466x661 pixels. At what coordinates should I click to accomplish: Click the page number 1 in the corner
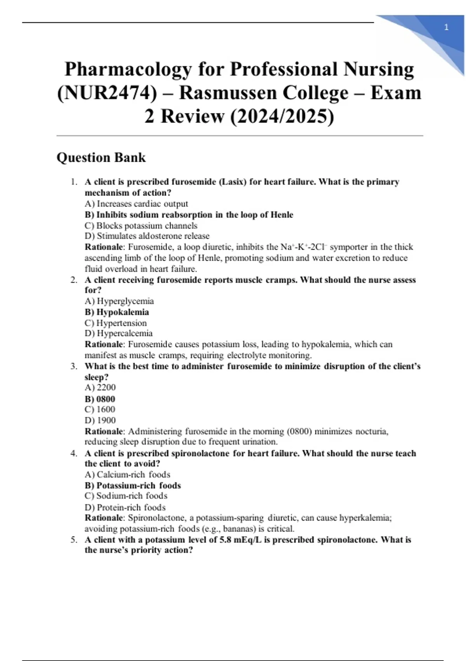tap(446, 27)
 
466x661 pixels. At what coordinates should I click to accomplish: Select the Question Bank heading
tap(101, 157)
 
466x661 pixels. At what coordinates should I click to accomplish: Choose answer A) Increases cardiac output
tap(136, 204)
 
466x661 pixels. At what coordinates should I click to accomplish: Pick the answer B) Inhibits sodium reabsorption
tap(189, 215)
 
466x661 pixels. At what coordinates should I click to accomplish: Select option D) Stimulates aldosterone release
tap(147, 236)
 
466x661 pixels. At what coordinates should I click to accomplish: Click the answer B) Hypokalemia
tap(116, 312)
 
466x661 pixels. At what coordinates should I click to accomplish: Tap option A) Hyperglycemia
tap(119, 301)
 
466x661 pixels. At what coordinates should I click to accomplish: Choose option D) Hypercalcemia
tap(118, 333)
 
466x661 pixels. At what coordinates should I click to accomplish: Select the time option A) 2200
tap(100, 387)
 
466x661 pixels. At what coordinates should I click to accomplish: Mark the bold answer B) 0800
tap(100, 399)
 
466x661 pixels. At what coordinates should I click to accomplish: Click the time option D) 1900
tap(100, 420)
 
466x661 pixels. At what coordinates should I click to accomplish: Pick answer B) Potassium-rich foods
tap(132, 486)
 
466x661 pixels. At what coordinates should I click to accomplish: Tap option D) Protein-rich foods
tap(125, 507)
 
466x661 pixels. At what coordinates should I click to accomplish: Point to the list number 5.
tap(74, 540)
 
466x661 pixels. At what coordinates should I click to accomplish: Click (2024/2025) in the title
tap(282, 116)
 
